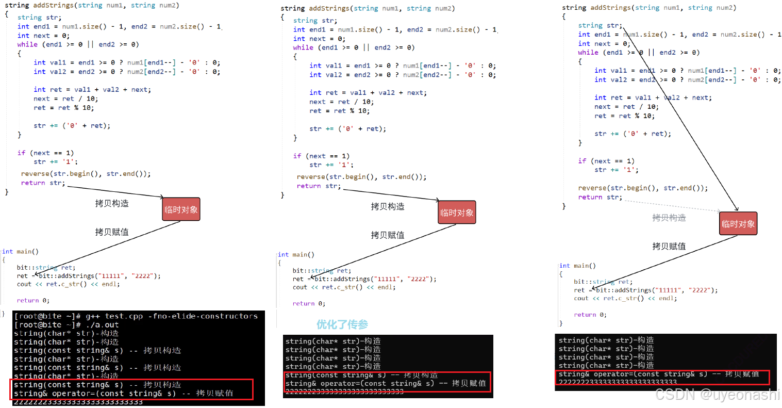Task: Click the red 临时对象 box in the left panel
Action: coord(181,209)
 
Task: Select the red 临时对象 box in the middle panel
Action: coord(457,213)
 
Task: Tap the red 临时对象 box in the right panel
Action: coord(738,224)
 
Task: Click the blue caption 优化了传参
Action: coord(342,324)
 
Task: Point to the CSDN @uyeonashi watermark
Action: coord(717,395)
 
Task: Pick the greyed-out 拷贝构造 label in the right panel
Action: coord(669,218)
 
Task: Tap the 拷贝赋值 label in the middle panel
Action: coord(387,235)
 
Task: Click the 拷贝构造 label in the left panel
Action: coord(112,204)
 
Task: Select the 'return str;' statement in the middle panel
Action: coord(319,186)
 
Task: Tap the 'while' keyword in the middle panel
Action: coord(303,47)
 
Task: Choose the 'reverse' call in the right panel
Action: coord(592,188)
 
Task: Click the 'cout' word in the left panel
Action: coord(24,284)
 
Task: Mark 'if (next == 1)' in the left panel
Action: coord(45,153)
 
